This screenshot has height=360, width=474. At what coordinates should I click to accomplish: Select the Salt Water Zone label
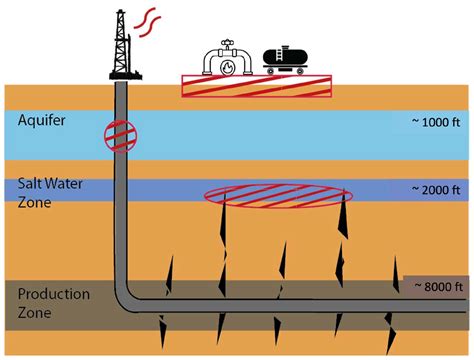click(41, 194)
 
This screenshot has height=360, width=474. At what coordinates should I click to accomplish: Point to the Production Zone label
click(47, 303)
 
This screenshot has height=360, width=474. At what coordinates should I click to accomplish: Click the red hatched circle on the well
click(120, 135)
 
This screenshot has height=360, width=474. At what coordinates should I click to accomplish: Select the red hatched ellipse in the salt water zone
click(277, 195)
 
